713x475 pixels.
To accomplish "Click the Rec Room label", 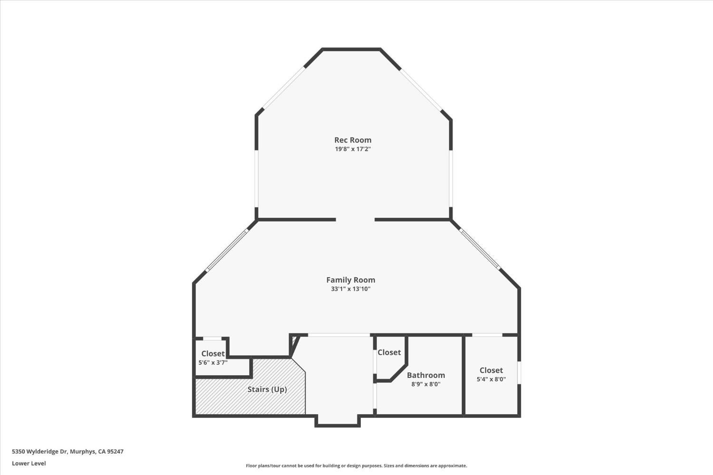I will (x=353, y=140).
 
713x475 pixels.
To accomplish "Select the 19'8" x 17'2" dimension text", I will (x=353, y=149).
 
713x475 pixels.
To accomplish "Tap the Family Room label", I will (x=350, y=280).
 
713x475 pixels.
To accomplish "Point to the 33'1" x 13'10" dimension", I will (x=350, y=289).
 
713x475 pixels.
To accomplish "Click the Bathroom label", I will (x=426, y=375).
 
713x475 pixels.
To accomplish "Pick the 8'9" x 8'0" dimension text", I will (x=426, y=384).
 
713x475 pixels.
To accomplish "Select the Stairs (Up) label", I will (x=267, y=389).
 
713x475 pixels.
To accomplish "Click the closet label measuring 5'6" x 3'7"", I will (x=212, y=354).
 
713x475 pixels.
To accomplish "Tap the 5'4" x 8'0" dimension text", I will (x=491, y=379).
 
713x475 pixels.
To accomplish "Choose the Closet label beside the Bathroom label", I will (x=389, y=352).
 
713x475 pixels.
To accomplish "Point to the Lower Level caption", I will (x=29, y=463).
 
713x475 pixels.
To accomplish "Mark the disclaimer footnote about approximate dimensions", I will (x=356, y=466).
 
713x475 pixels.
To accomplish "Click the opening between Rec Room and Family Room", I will (x=355, y=220).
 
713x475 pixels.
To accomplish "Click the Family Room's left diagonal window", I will (x=227, y=251).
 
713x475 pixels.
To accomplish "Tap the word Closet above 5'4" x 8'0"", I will (x=491, y=370).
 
